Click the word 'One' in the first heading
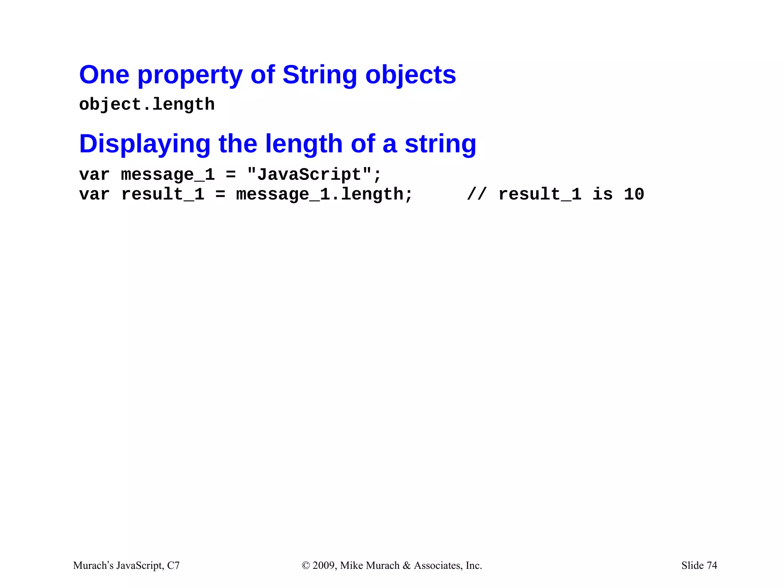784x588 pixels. [x=104, y=75]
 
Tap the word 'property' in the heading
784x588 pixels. [x=189, y=75]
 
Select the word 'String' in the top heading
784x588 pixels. [x=320, y=75]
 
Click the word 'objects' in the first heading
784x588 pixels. [x=411, y=75]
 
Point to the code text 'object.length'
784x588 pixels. [x=147, y=105]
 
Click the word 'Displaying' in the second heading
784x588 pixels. [x=145, y=144]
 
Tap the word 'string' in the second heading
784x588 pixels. [x=440, y=144]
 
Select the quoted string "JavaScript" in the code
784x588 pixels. [x=309, y=175]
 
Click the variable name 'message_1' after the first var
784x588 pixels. [x=168, y=175]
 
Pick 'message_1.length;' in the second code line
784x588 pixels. [x=324, y=194]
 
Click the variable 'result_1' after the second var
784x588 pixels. [x=163, y=194]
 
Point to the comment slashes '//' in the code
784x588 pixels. [x=477, y=194]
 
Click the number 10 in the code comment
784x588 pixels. [x=634, y=194]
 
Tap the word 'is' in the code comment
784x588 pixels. [x=602, y=194]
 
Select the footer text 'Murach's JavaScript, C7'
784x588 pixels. [x=126, y=565]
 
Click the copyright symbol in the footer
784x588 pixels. [x=305, y=565]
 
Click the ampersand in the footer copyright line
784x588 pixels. [x=407, y=565]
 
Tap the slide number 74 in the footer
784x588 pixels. [x=712, y=565]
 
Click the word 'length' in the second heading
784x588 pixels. [x=304, y=144]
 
